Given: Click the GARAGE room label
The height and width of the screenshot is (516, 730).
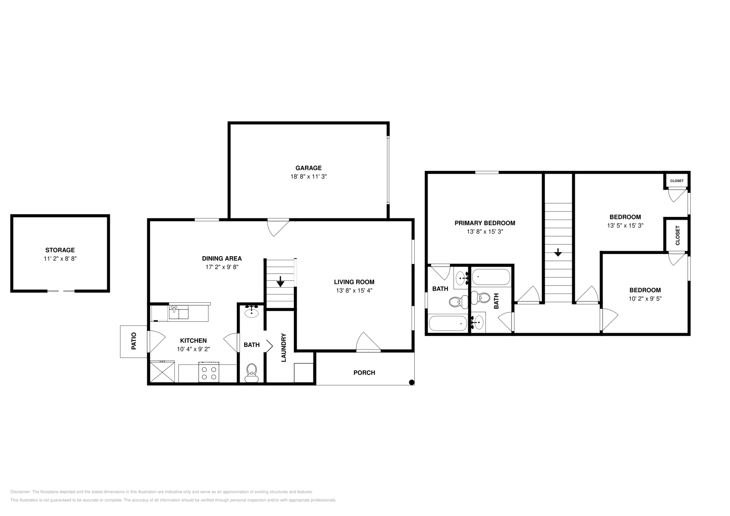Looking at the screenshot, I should click(308, 168).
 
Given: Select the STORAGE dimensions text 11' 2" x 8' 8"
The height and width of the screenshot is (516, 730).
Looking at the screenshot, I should click(60, 258).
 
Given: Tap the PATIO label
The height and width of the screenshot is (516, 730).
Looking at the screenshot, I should click(134, 341).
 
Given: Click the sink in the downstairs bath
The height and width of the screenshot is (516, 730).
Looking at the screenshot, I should click(251, 312).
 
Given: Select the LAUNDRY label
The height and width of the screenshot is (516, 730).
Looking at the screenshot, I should click(283, 348).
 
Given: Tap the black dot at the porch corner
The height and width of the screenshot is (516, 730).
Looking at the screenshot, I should click(411, 382).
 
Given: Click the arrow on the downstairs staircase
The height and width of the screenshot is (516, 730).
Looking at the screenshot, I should click(280, 283).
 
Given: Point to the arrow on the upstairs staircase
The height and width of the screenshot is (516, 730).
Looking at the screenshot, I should click(558, 252).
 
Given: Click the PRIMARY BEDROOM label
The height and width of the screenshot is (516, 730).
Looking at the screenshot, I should click(485, 223).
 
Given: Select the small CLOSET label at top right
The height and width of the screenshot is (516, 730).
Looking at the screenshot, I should click(677, 181).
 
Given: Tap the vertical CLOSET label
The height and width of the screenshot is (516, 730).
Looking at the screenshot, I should click(677, 235).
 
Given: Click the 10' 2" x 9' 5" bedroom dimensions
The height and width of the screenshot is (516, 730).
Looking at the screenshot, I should click(645, 299).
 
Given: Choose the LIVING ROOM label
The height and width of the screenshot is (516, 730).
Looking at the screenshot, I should click(354, 282).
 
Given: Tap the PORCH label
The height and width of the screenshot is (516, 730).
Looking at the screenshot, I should click(364, 372).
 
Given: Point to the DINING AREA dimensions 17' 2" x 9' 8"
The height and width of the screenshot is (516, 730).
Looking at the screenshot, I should click(222, 267).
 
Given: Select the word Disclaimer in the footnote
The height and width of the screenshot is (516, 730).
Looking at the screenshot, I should click(20, 492).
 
